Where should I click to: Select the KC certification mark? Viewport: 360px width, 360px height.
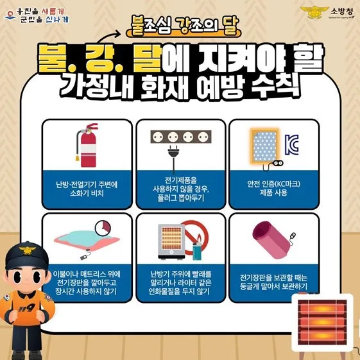[291, 144]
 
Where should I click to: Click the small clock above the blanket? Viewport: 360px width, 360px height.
[103, 228]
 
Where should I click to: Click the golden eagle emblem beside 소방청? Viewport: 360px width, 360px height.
[314, 12]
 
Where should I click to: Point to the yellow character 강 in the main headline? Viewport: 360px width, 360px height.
[99, 58]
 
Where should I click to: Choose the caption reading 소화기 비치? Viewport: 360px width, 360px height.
[87, 193]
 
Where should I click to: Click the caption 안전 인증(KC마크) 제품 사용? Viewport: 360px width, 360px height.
[273, 188]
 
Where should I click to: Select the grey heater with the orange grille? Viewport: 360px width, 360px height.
[171, 241]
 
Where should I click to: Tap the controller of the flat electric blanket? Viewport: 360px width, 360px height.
[84, 257]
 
